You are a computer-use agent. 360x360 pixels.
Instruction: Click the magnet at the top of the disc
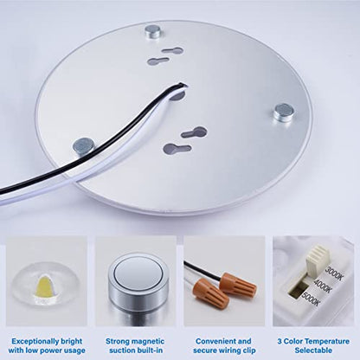[x=152, y=32]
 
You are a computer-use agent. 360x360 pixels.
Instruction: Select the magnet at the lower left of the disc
[x=84, y=146]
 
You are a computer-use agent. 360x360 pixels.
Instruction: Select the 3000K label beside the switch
[x=334, y=273]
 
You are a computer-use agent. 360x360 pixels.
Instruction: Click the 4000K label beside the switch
[x=323, y=286]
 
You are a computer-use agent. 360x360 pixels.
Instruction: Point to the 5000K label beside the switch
[x=311, y=299]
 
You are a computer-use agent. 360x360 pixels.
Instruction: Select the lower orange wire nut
[x=212, y=293]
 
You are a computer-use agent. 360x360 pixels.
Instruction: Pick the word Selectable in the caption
[x=313, y=350]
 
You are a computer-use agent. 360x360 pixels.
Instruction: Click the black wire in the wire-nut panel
[x=202, y=270]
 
